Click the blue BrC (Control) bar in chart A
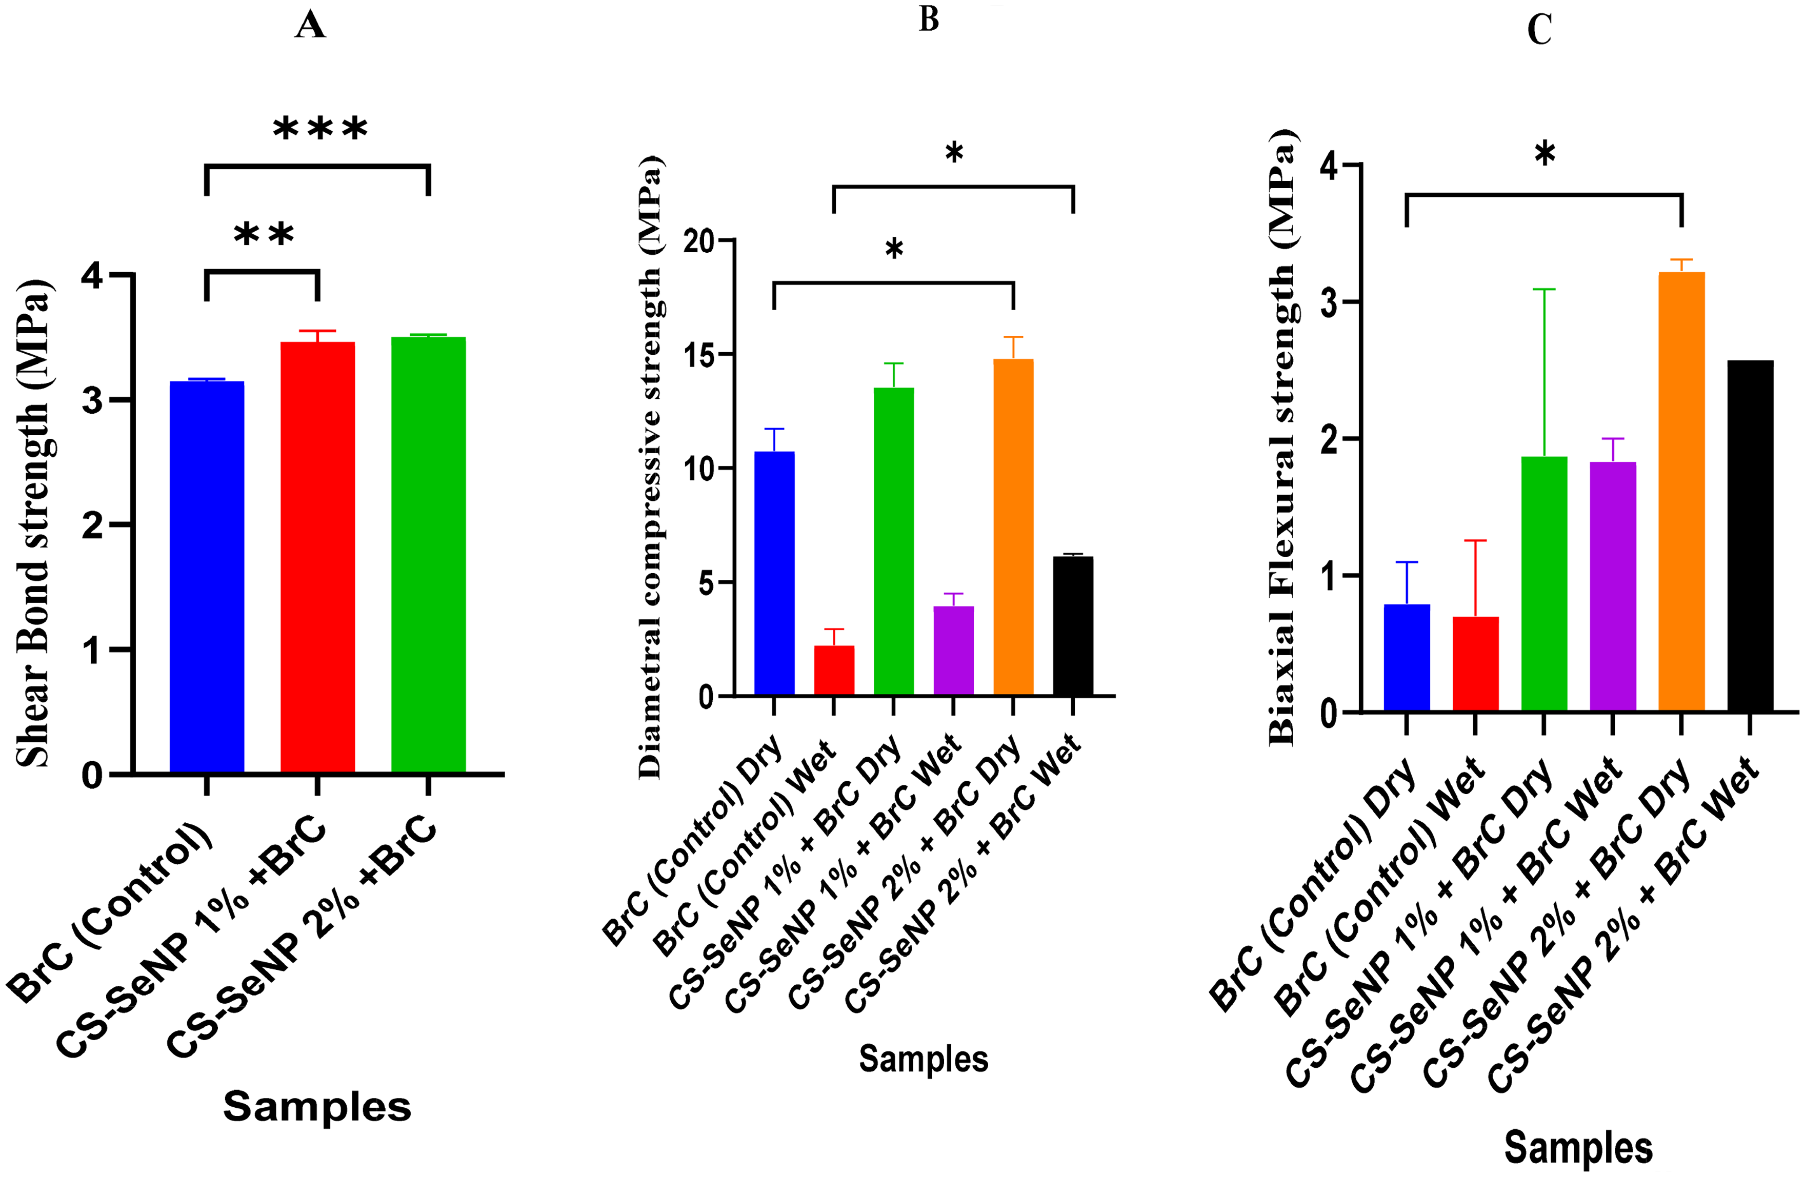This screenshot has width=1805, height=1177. coord(206,577)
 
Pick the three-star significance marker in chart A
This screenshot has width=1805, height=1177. coord(320,129)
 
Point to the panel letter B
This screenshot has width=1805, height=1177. coord(929,19)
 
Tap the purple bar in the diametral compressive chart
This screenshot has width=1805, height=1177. coord(953,651)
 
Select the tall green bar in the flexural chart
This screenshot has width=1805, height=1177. coord(1544,584)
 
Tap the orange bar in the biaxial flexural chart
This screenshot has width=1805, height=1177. coord(1681,492)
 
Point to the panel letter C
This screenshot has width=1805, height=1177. coord(1539,30)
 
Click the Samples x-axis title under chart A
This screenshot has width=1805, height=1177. coord(317,1106)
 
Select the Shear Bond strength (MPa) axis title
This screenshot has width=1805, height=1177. coord(33,523)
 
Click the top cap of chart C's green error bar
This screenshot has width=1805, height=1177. coord(1544,289)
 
